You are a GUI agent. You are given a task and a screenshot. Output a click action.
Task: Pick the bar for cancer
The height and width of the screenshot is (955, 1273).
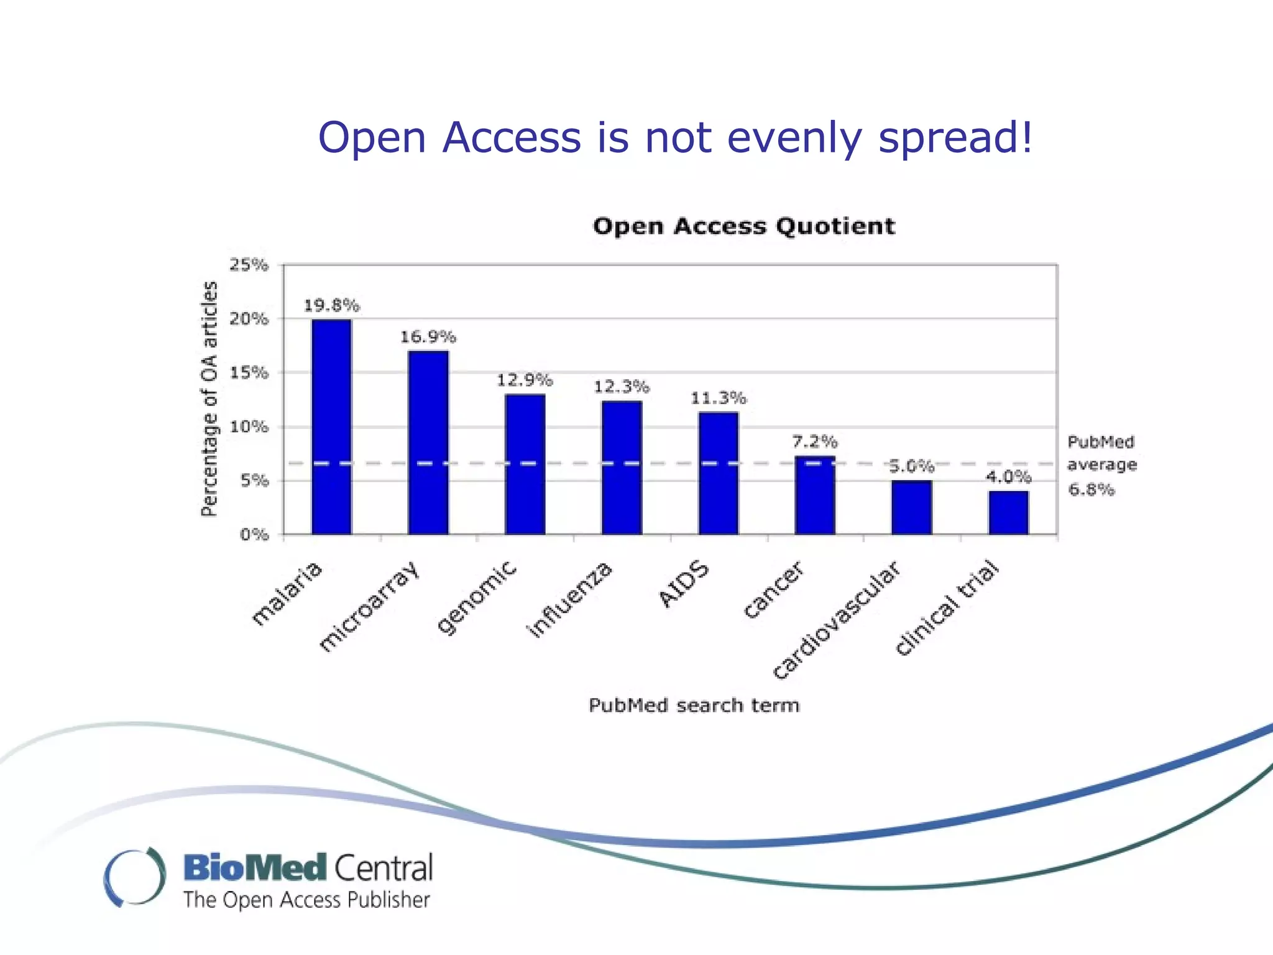coord(815,496)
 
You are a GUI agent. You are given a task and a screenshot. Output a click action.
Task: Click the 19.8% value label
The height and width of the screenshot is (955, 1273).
coord(331,306)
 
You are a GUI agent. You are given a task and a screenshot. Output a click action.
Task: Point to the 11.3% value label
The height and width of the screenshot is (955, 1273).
coord(718,398)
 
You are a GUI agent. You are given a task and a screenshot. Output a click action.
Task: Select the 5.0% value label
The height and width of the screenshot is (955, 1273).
coord(911,466)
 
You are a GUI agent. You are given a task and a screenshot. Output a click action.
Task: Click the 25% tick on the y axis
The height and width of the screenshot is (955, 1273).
coord(249,265)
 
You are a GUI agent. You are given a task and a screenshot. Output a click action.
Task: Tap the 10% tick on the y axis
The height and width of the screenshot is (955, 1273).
coord(249,427)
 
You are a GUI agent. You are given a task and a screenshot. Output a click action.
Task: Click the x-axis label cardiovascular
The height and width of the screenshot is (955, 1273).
coord(836,620)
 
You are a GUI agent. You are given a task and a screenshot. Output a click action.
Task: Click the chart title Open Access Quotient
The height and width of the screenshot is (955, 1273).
coord(744,226)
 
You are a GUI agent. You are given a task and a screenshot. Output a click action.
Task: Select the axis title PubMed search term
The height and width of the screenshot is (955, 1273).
coord(694,706)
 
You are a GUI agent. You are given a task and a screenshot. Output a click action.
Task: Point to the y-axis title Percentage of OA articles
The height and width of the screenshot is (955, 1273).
coord(209,399)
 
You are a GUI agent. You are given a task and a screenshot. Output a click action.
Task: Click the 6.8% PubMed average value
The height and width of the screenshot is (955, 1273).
coord(1091,490)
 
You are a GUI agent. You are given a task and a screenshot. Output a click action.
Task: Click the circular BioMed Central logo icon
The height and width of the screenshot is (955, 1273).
coord(135,877)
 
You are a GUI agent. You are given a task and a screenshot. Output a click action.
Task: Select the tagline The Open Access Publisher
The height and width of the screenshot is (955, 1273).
coord(306,900)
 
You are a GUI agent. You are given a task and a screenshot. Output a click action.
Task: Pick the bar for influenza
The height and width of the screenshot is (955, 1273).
coord(622,468)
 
